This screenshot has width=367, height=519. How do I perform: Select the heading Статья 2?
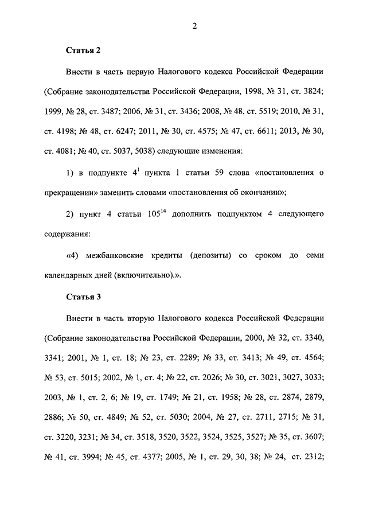click(83, 50)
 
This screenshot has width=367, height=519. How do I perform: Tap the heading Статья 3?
click(83, 297)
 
